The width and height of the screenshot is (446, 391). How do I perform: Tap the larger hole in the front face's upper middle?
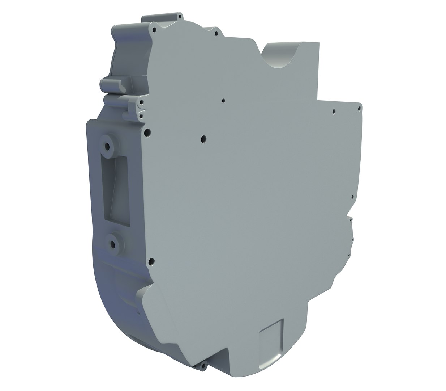point(203,138)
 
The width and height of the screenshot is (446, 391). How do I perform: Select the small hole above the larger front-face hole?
point(223,101)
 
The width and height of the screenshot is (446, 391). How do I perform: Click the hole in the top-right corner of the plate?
point(359,108)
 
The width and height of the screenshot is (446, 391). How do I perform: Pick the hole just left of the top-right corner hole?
point(334,112)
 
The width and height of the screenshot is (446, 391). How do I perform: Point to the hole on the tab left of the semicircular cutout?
point(216,34)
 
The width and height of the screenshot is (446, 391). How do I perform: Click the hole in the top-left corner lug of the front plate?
point(154,29)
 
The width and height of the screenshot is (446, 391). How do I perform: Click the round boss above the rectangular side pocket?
point(107,146)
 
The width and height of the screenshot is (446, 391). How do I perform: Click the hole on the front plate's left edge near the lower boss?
point(151,261)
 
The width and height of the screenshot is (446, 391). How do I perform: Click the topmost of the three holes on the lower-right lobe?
point(350,219)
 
